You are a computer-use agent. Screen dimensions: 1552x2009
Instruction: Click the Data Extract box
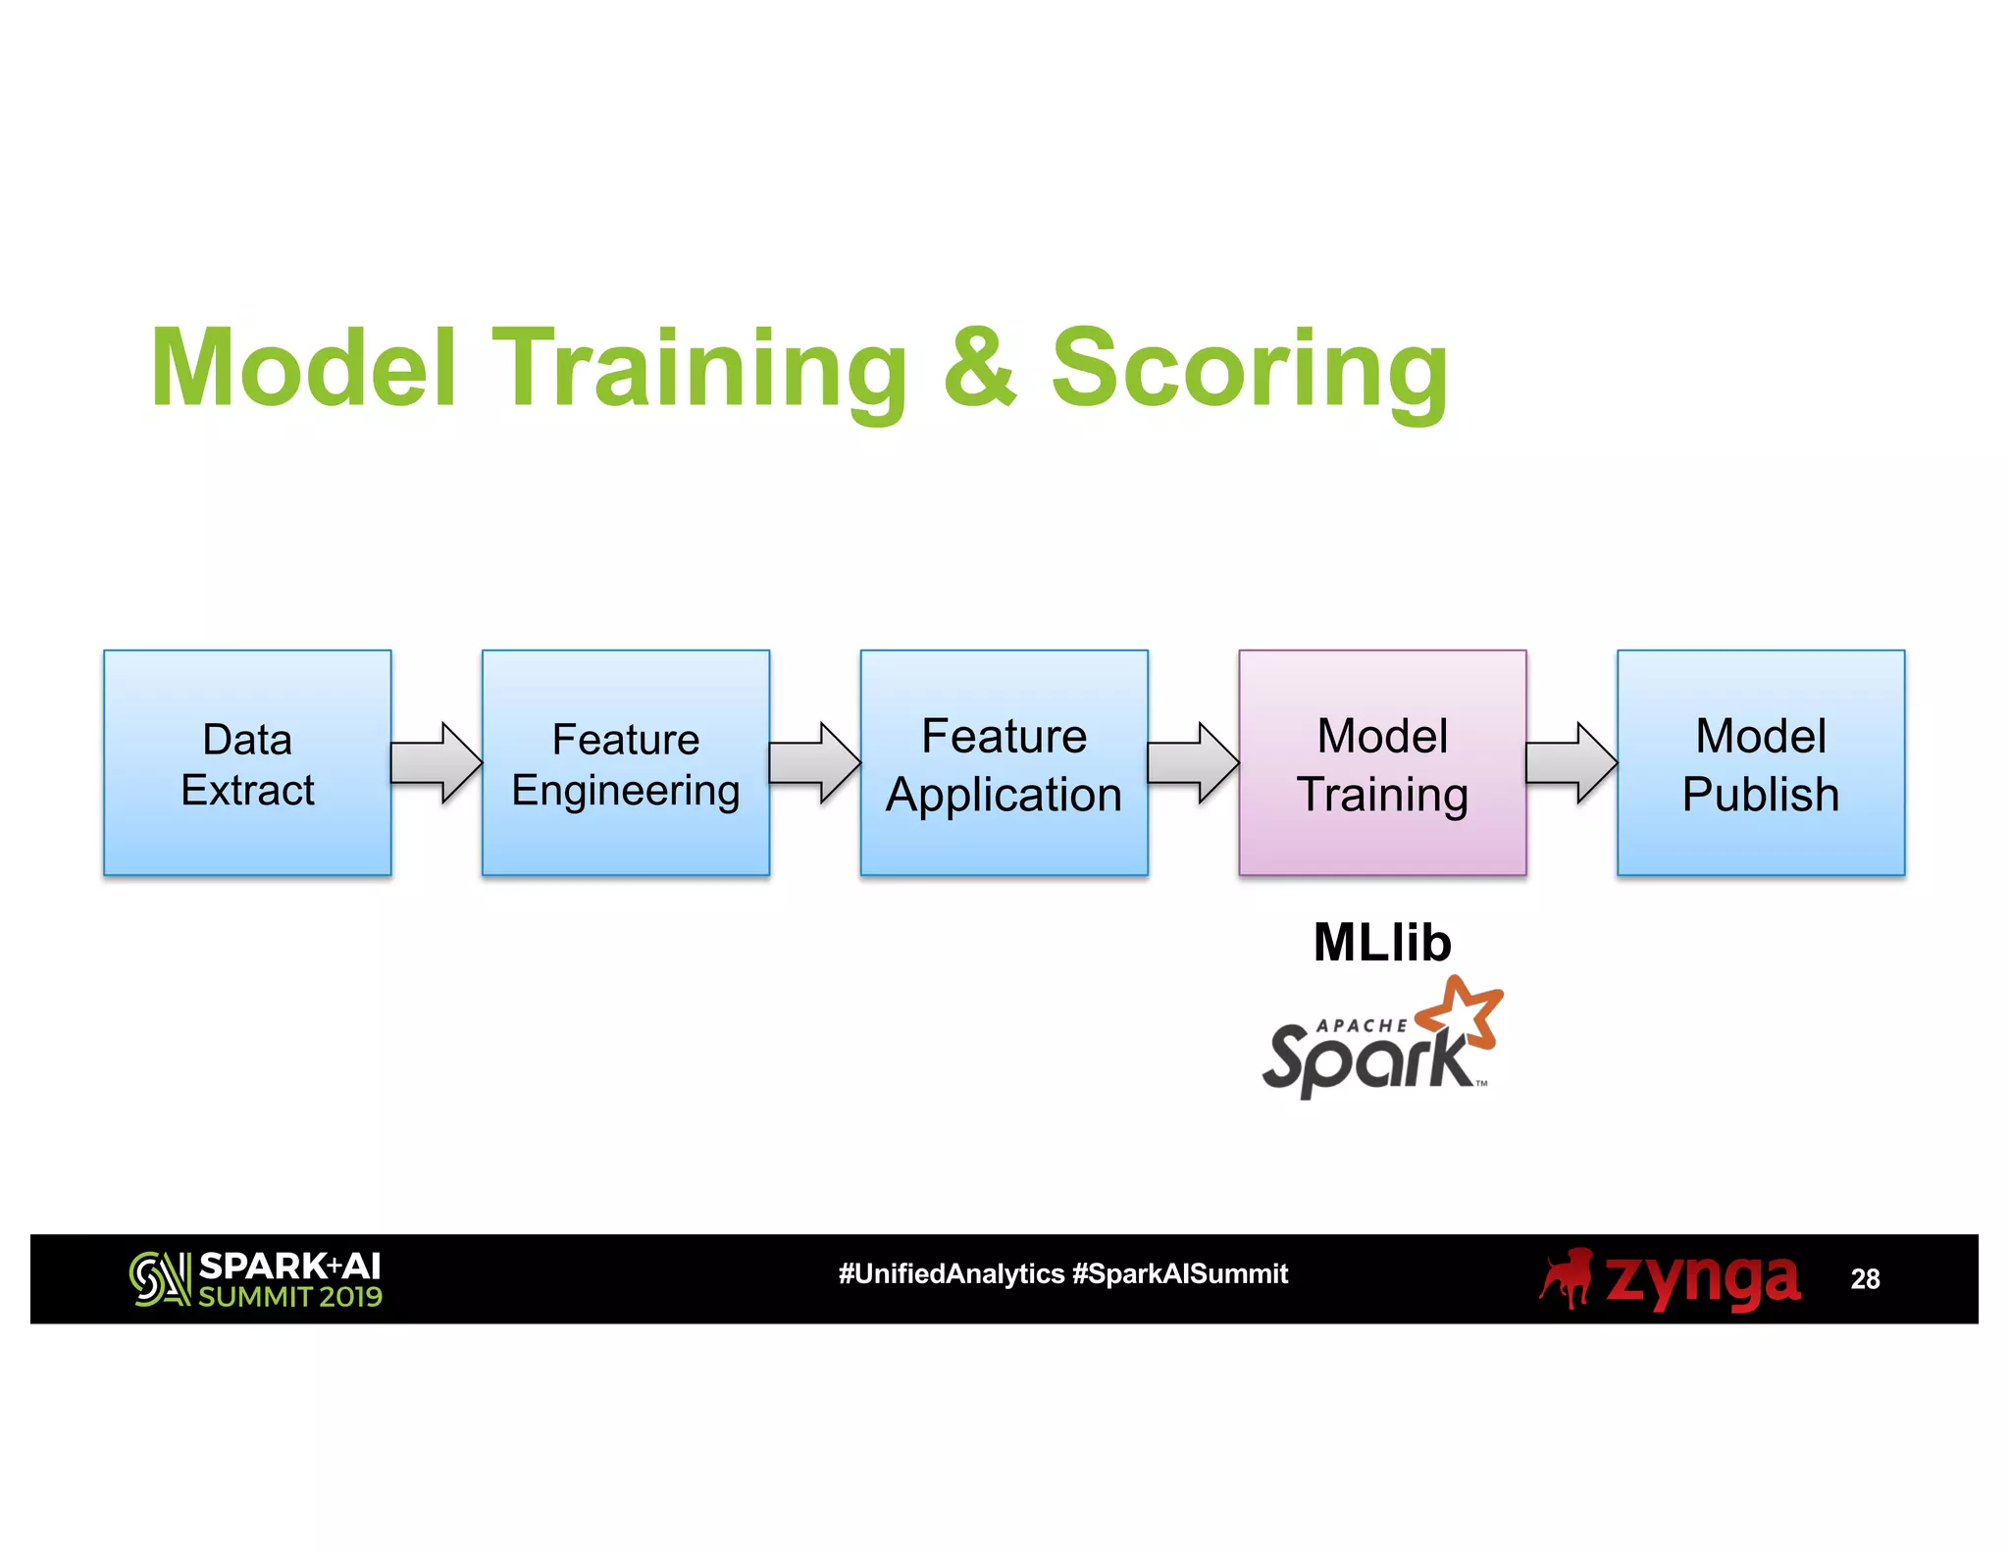(x=247, y=762)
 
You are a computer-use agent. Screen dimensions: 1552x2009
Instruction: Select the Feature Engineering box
(x=626, y=762)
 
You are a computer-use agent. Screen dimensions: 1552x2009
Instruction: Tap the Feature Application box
(x=1004, y=762)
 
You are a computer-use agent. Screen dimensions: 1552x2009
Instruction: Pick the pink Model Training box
(x=1382, y=762)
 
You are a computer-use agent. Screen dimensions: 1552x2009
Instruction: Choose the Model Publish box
(x=1761, y=762)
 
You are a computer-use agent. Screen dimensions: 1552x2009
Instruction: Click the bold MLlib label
(x=1382, y=943)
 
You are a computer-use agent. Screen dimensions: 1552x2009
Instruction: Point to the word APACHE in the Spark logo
(x=1361, y=1025)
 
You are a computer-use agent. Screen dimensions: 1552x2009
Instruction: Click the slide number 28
(x=1865, y=1279)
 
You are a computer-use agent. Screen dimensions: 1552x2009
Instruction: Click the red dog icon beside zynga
(x=1567, y=1278)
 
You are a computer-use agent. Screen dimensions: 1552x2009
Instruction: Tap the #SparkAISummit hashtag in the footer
(x=1180, y=1274)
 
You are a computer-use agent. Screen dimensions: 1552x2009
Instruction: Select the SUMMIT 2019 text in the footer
(x=290, y=1297)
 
